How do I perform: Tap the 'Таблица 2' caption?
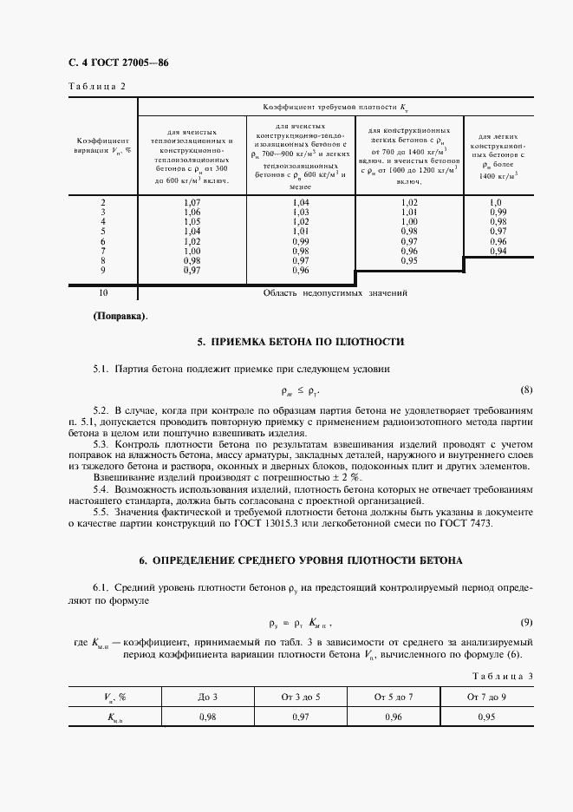pyautogui.click(x=96, y=86)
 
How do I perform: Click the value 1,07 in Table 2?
pyautogui.click(x=192, y=203)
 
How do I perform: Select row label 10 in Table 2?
pyautogui.click(x=103, y=293)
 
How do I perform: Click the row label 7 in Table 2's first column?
pyautogui.click(x=103, y=251)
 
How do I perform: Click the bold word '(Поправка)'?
pyautogui.click(x=120, y=316)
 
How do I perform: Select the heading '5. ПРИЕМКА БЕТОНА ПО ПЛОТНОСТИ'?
pyautogui.click(x=289, y=342)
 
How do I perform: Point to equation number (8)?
pyautogui.click(x=525, y=390)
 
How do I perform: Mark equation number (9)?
pyautogui.click(x=525, y=622)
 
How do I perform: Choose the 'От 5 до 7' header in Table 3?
pyautogui.click(x=394, y=696)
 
